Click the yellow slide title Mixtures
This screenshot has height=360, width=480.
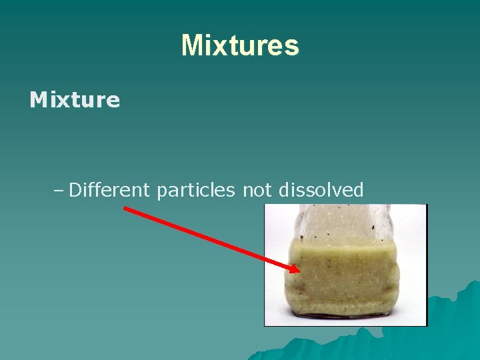pyautogui.click(x=240, y=45)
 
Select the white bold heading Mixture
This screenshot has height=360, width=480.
pyautogui.click(x=75, y=101)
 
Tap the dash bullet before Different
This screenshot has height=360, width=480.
pyautogui.click(x=58, y=191)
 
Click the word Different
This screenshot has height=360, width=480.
pyautogui.click(x=109, y=191)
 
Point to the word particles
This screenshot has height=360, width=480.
pyautogui.click(x=195, y=191)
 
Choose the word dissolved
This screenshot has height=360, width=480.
pyautogui.click(x=321, y=191)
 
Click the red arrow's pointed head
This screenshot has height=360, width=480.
pyautogui.click(x=298, y=270)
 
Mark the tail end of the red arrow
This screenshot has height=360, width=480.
pyautogui.click(x=126, y=209)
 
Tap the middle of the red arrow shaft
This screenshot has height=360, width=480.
pyautogui.click(x=212, y=239)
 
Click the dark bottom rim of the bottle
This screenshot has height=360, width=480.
pyautogui.click(x=345, y=313)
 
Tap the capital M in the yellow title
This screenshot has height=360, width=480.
pyautogui.click(x=191, y=45)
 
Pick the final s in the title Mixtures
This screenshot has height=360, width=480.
pyautogui.click(x=291, y=46)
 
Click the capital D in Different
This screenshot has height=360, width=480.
pyautogui.click(x=75, y=191)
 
